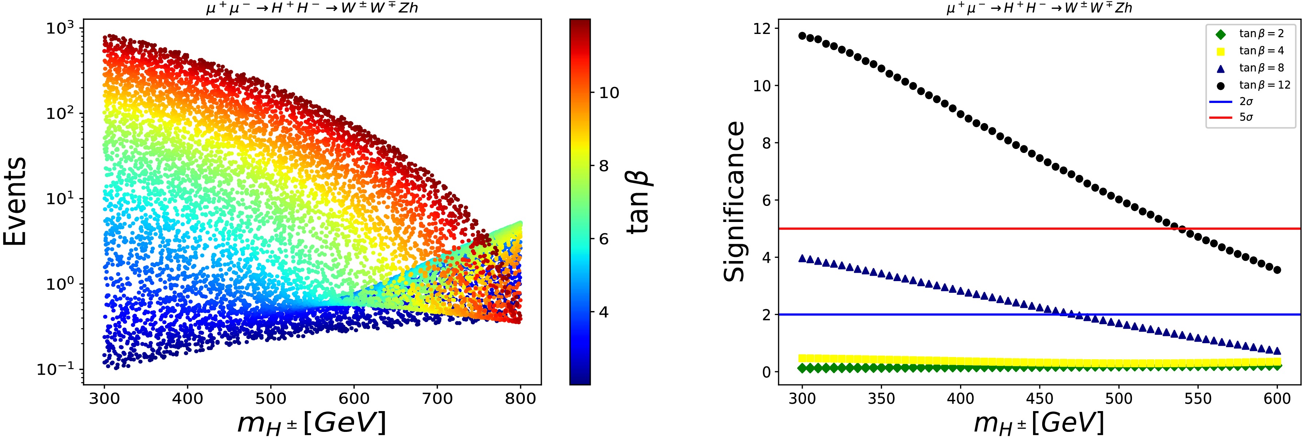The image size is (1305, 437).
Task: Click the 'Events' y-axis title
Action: coord(15,201)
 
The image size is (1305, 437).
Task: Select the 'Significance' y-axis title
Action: coord(734,201)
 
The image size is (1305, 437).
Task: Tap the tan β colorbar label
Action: coord(638,201)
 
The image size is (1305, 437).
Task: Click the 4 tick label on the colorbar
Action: coord(604,312)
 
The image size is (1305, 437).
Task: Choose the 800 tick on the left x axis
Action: coord(521,399)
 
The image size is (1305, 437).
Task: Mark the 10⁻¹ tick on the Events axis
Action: coord(56,370)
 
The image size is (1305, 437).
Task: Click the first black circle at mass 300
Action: coord(802,36)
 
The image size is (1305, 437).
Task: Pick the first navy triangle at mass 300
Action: coord(802,258)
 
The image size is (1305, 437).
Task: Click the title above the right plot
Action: coord(1039,8)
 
